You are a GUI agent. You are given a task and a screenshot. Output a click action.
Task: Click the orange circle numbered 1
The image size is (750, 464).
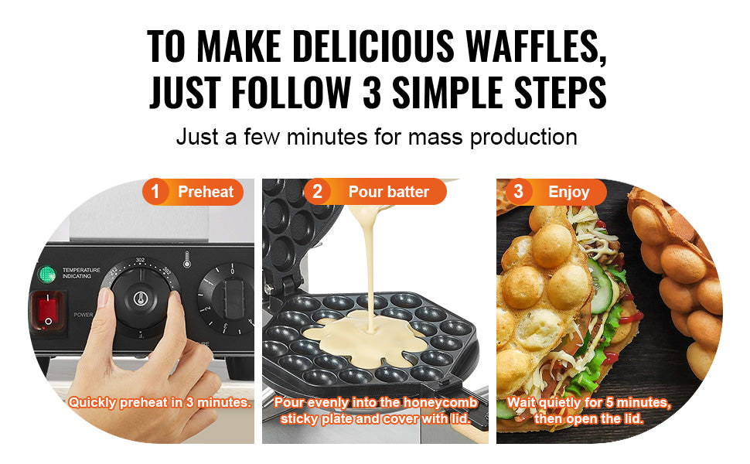click(x=155, y=192)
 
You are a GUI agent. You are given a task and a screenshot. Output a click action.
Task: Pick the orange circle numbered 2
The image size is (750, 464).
click(x=317, y=192)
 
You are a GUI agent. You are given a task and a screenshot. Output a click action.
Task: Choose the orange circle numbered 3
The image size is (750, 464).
click(x=519, y=192)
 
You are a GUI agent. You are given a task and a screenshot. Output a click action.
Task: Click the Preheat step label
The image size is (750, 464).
click(x=206, y=192)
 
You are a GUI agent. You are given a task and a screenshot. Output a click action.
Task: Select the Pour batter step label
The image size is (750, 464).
click(x=388, y=192)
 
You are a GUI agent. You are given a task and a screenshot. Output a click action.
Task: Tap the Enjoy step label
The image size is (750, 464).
click(x=568, y=192)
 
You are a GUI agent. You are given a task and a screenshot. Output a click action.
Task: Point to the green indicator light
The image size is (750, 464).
click(x=48, y=274)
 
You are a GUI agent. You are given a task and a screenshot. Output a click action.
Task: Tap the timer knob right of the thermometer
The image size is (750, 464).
click(x=226, y=298)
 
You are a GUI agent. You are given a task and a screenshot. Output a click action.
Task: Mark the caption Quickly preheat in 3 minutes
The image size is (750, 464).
click(x=160, y=402)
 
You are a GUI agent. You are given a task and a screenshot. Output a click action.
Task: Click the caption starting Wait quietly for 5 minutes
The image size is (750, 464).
click(x=588, y=411)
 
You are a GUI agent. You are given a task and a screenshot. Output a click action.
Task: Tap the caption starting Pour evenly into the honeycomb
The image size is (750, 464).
click(x=377, y=411)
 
